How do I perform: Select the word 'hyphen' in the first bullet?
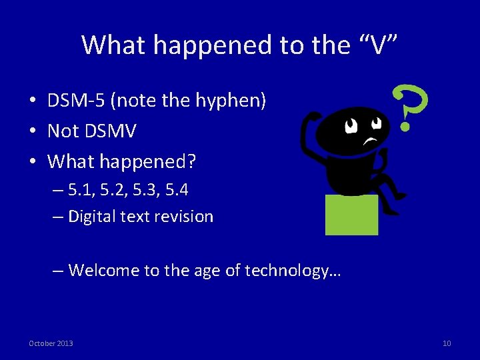(233, 101)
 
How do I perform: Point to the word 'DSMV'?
(110, 131)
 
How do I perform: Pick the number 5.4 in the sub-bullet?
(175, 190)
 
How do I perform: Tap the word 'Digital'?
(91, 217)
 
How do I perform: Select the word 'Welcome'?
(99, 271)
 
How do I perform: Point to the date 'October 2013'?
(51, 343)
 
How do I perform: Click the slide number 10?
(447, 343)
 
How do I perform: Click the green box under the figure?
(351, 215)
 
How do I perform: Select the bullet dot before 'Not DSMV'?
(32, 131)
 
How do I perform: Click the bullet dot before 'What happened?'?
(32, 161)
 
